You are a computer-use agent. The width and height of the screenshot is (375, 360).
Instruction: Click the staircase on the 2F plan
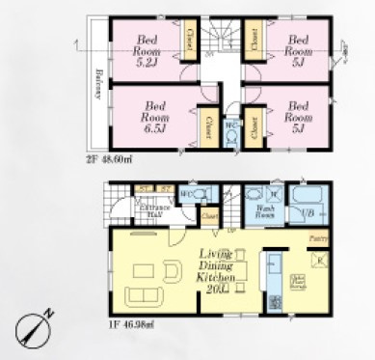[223, 39]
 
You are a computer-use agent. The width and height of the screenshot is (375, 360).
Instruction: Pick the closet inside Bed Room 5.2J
[191, 41]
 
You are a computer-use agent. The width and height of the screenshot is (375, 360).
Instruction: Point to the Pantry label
[316, 235]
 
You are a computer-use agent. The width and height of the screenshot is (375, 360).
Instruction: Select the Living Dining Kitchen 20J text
[217, 270]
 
